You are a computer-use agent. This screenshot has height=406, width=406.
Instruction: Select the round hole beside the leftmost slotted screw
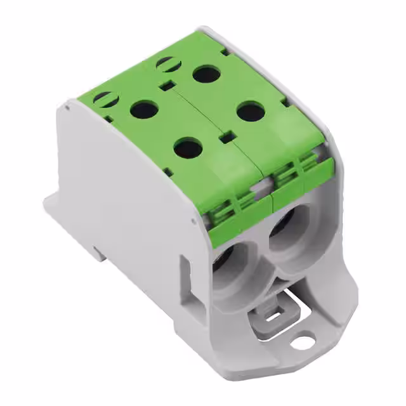tap(144, 110)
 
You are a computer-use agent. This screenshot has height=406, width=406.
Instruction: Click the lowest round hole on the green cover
tap(188, 148)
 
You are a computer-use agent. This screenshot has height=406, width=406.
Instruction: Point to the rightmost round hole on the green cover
tap(251, 112)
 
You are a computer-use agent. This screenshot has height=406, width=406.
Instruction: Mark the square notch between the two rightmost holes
tap(223, 136)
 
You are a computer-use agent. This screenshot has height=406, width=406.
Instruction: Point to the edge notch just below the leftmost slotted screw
tap(109, 118)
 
